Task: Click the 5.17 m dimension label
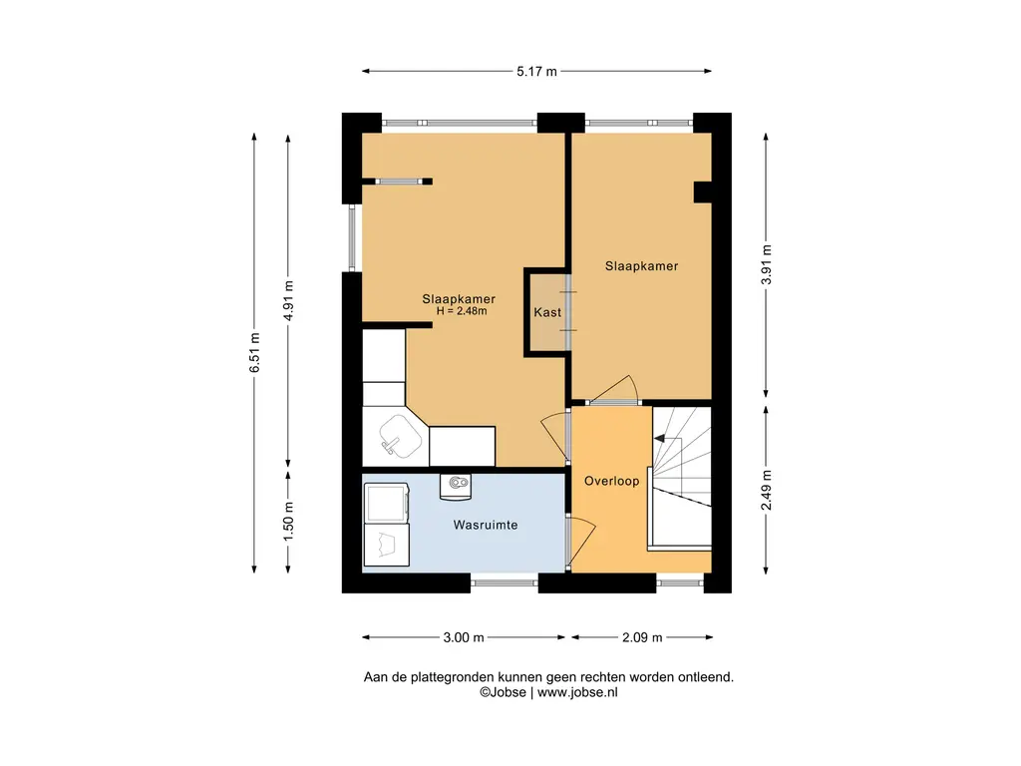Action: pyautogui.click(x=536, y=72)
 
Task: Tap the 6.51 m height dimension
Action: pyautogui.click(x=254, y=352)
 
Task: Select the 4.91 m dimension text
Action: pyautogui.click(x=289, y=300)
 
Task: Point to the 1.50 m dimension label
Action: pyautogui.click(x=289, y=521)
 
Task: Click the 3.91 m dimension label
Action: pyautogui.click(x=767, y=264)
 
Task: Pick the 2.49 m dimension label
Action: pyautogui.click(x=767, y=490)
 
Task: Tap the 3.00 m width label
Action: pyautogui.click(x=464, y=637)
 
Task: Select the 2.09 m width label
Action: pyautogui.click(x=642, y=637)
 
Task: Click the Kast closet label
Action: pyautogui.click(x=547, y=312)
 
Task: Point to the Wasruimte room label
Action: pyautogui.click(x=486, y=525)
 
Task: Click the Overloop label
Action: pyautogui.click(x=611, y=482)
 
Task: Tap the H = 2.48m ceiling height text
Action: pyautogui.click(x=462, y=311)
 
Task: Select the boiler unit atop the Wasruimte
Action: pyautogui.click(x=455, y=487)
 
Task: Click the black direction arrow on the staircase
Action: pyautogui.click(x=660, y=439)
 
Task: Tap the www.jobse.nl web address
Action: pyautogui.click(x=577, y=692)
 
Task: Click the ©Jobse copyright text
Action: pyautogui.click(x=503, y=692)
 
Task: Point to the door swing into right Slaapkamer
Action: pyautogui.click(x=613, y=390)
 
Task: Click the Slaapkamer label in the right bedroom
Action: pyautogui.click(x=641, y=265)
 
